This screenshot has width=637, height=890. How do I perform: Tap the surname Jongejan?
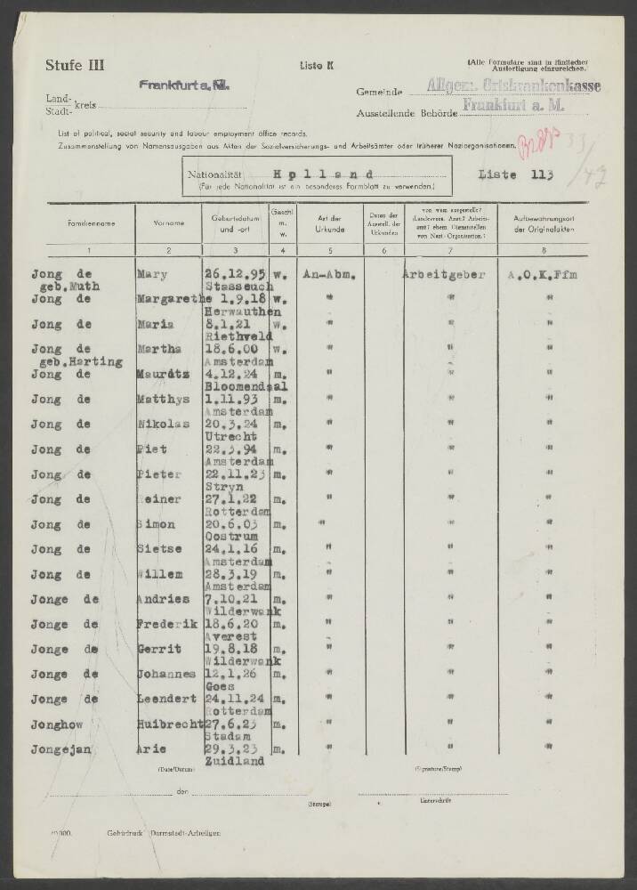pos(60,749)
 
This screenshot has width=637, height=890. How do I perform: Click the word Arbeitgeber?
pos(443,276)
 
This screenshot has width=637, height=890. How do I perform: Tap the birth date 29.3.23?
pos(228,749)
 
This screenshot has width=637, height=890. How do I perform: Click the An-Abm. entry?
pos(331,276)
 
